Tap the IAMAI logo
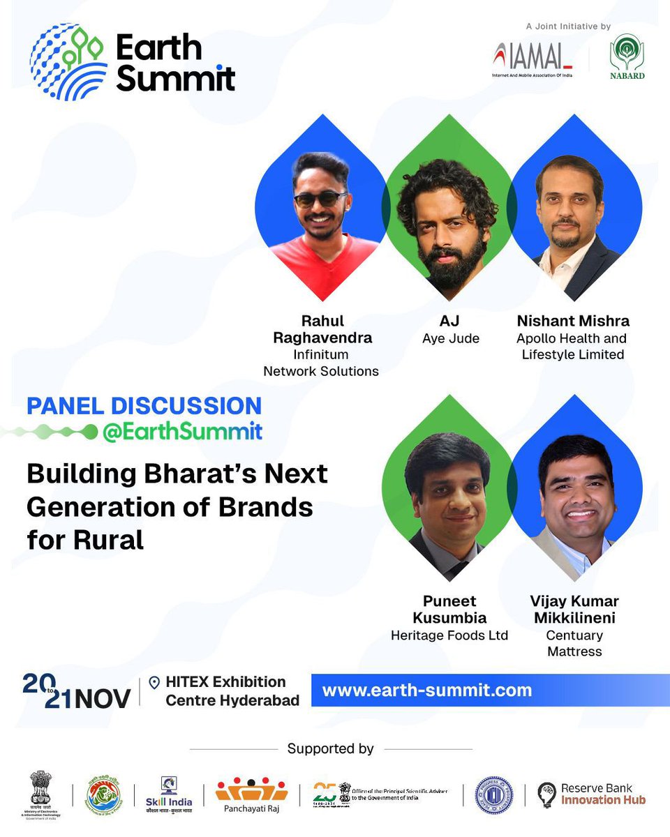[532, 59]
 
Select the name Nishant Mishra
[573, 321]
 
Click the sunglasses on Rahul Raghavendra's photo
[320, 199]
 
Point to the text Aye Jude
[450, 338]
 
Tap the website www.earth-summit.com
[426, 691]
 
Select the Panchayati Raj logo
[251, 793]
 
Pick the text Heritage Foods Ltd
[449, 635]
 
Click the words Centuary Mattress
[574, 644]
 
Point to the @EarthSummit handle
[181, 432]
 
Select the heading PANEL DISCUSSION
[144, 406]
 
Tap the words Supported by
[330, 748]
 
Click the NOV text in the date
[102, 699]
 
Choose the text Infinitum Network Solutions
[321, 363]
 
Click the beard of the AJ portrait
[450, 262]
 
